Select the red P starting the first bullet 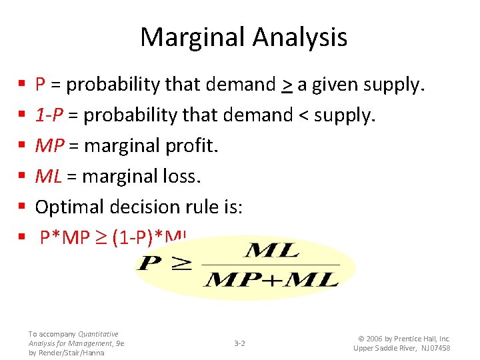coord(40,85)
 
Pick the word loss coord(184,177)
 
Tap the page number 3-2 coord(239,343)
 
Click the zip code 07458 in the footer coord(437,348)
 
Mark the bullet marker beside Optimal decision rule coord(22,207)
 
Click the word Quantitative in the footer coord(98,334)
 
